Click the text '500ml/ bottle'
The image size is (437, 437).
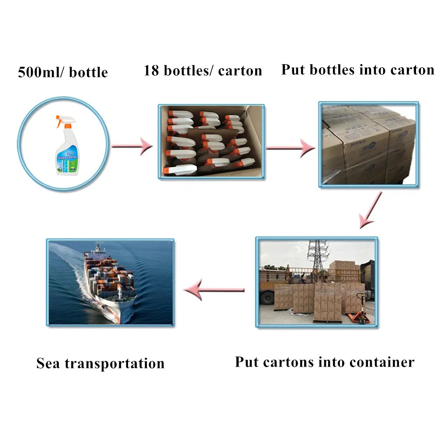point(62,71)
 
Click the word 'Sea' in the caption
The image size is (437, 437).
point(48,363)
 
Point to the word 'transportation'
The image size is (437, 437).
point(114,363)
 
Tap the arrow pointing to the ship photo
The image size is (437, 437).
point(214,290)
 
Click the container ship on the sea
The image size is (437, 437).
point(109,280)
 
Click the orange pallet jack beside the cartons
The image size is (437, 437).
point(361,308)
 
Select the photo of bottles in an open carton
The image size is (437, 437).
point(211,140)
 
